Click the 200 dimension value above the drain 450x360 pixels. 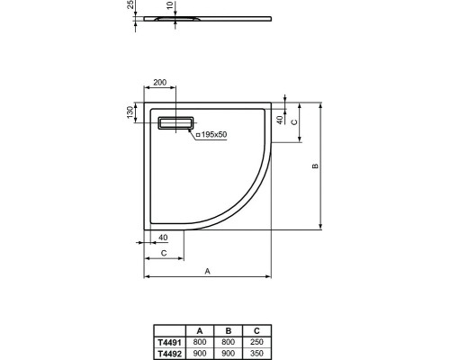(x=161, y=83)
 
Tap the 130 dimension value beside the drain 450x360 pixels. (x=131, y=112)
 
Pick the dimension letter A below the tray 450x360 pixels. (x=207, y=270)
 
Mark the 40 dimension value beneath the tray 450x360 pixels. (x=162, y=238)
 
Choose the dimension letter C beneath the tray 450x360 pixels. (x=163, y=255)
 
